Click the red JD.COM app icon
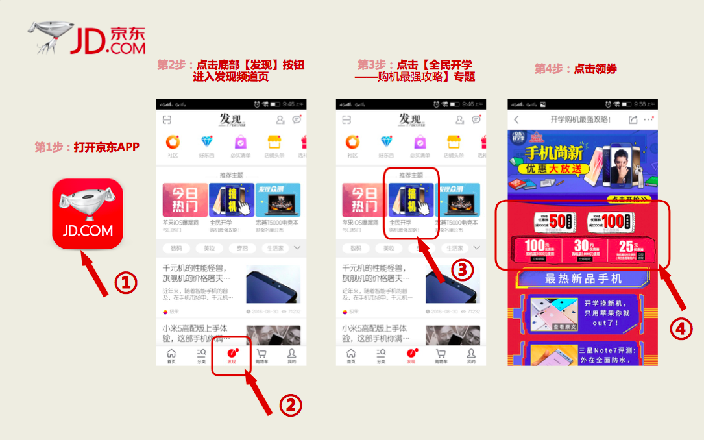point(88,214)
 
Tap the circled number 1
point(126,282)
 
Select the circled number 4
point(679,330)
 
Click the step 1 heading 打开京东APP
point(87,147)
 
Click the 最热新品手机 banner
point(583,278)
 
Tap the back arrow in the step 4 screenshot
point(516,120)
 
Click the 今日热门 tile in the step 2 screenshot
point(185,199)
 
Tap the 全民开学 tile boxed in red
point(411,202)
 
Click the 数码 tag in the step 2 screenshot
point(175,248)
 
